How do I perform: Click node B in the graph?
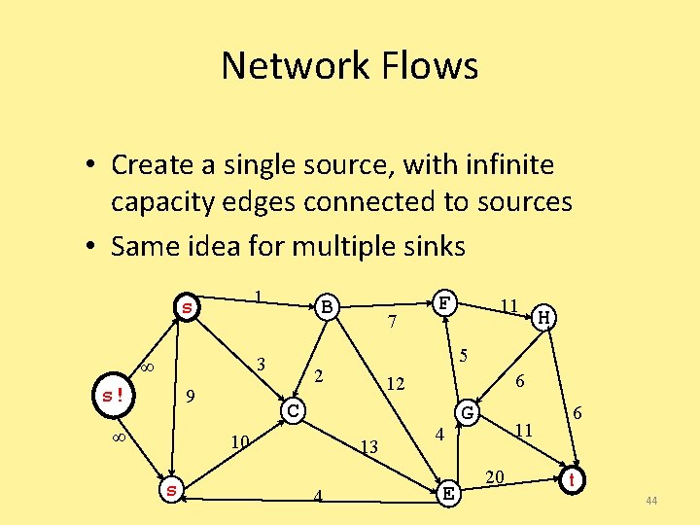pyautogui.click(x=328, y=307)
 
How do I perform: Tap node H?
pyautogui.click(x=546, y=317)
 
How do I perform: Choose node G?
pyautogui.click(x=468, y=412)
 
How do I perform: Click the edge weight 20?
pyautogui.click(x=494, y=475)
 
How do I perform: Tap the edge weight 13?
pyautogui.click(x=368, y=447)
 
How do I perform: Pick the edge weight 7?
pyautogui.click(x=391, y=322)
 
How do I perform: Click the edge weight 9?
pyautogui.click(x=192, y=396)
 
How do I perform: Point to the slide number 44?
pyautogui.click(x=651, y=501)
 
